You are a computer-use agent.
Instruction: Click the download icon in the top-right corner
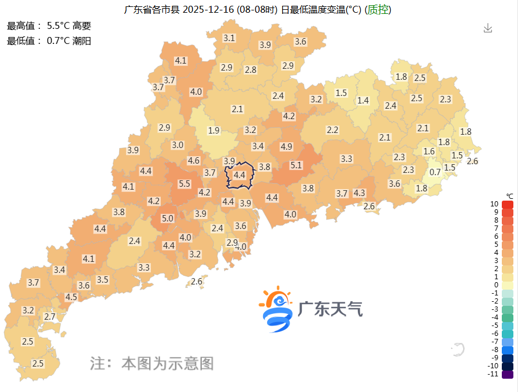tap(487, 28)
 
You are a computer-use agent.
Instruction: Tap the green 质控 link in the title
tap(379, 10)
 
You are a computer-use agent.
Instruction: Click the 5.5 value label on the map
tap(184, 184)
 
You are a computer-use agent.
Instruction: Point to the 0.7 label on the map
tap(435, 172)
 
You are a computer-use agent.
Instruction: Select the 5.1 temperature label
tap(296, 165)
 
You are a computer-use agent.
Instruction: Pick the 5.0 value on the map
tap(168, 218)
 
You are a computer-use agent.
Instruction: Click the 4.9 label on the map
tap(286, 147)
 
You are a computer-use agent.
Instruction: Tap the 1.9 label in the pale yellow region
tap(214, 130)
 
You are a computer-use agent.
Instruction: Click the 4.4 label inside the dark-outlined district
tap(239, 175)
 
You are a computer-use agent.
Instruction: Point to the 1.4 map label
tap(363, 101)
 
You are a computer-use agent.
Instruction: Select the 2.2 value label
tap(332, 130)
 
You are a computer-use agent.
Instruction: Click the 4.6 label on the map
tap(194, 160)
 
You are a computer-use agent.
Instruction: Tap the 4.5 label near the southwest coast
tap(71, 297)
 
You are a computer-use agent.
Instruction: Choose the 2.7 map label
tap(50, 316)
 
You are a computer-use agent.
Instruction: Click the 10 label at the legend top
tap(494, 204)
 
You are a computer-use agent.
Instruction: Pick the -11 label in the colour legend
tap(493, 374)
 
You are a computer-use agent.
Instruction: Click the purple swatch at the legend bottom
tap(508, 375)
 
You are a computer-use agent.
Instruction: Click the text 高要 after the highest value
tap(82, 25)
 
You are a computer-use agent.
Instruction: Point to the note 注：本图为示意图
tap(152, 363)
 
